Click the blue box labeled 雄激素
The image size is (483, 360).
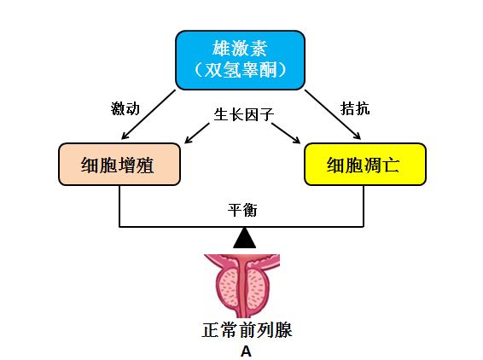click(x=241, y=60)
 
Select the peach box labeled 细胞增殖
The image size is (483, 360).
click(x=119, y=164)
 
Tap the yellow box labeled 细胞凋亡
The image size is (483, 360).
click(x=365, y=164)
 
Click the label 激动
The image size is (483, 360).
click(x=125, y=108)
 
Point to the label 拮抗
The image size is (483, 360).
click(x=355, y=108)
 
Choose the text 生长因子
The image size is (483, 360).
click(x=244, y=114)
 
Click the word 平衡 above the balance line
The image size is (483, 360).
click(x=242, y=210)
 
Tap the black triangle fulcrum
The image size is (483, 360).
click(x=245, y=238)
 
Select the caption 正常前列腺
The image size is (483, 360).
click(x=247, y=330)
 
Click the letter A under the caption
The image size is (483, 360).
click(x=246, y=351)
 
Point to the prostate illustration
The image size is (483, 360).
click(x=241, y=286)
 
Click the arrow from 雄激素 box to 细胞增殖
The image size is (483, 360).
click(x=148, y=114)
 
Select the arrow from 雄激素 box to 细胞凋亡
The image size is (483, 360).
click(x=333, y=114)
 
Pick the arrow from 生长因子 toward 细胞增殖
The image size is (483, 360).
click(x=197, y=133)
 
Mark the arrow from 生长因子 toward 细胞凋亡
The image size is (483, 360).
click(x=286, y=133)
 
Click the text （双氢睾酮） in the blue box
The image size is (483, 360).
click(x=241, y=70)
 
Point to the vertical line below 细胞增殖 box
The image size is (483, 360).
click(x=119, y=206)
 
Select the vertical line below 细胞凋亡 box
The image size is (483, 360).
click(x=364, y=206)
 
